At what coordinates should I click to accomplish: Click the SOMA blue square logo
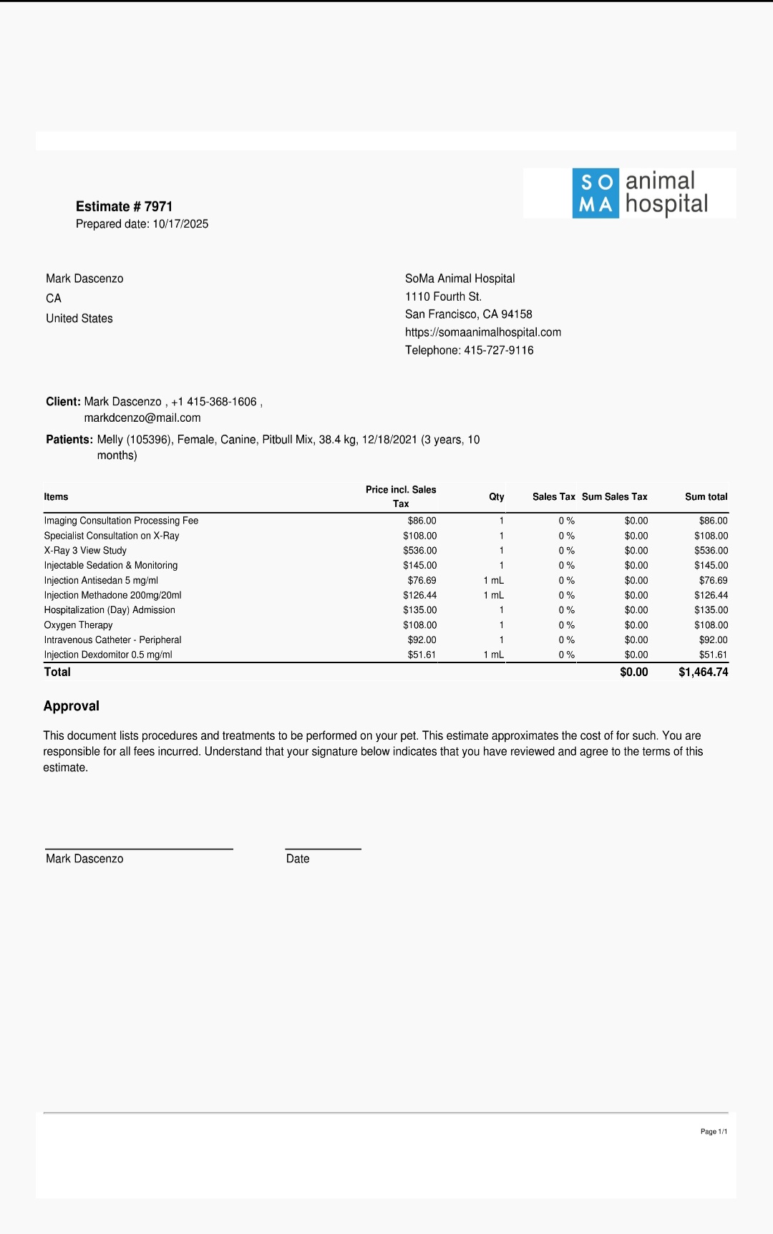[595, 193]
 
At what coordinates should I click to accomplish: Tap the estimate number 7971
[158, 207]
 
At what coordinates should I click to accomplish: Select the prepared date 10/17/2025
[180, 224]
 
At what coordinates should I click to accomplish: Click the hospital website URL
[483, 332]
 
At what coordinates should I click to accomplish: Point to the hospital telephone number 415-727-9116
[499, 350]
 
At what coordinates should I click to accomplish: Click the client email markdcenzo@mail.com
[142, 418]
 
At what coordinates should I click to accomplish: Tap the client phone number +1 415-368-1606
[214, 402]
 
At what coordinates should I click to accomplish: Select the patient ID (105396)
[150, 440]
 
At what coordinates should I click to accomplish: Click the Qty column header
[497, 497]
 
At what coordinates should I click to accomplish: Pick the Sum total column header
[706, 497]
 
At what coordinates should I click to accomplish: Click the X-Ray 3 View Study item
[85, 551]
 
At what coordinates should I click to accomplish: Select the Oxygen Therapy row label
[78, 625]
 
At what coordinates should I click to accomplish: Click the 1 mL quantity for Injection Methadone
[494, 595]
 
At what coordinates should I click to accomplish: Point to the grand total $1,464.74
[703, 673]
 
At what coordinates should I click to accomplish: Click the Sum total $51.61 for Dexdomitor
[713, 655]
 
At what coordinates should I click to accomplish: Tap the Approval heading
[72, 706]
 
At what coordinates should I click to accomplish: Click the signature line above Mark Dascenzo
[139, 849]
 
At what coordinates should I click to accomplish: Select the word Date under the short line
[298, 859]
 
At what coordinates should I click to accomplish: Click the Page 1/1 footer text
[714, 1132]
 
